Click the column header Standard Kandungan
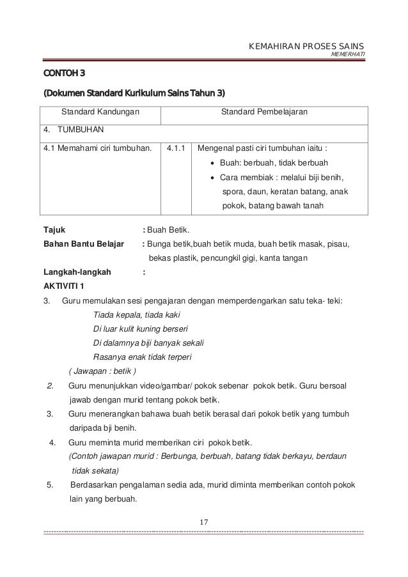click(101, 112)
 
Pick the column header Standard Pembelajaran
click(263, 112)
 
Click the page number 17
click(204, 524)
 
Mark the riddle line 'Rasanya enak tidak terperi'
click(143, 357)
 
